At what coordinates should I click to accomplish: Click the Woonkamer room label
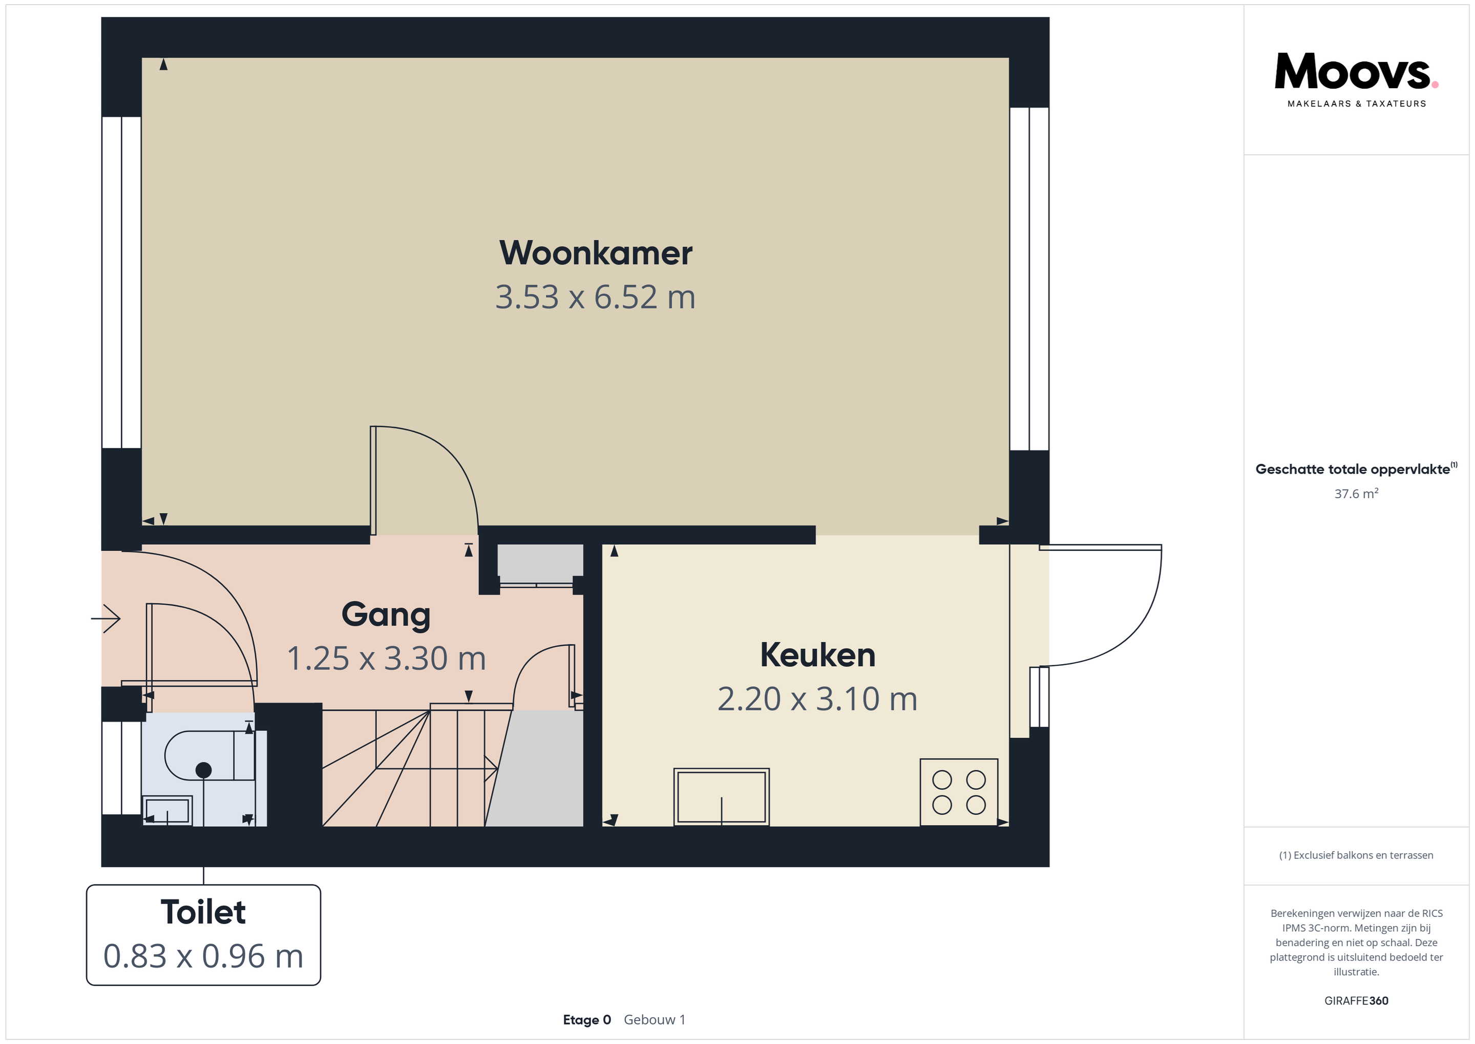pyautogui.click(x=596, y=253)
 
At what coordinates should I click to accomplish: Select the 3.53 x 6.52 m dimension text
pyautogui.click(x=596, y=297)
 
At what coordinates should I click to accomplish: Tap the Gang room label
pyautogui.click(x=386, y=615)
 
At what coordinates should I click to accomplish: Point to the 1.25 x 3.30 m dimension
pyautogui.click(x=386, y=658)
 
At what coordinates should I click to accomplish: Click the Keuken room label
pyautogui.click(x=818, y=655)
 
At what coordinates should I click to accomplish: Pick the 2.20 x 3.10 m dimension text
pyautogui.click(x=818, y=699)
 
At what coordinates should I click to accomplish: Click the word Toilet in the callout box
pyautogui.click(x=203, y=912)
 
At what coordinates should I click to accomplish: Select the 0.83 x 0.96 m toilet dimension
pyautogui.click(x=203, y=956)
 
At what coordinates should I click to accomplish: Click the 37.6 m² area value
pyautogui.click(x=1356, y=494)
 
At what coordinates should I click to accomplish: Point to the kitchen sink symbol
pyautogui.click(x=722, y=797)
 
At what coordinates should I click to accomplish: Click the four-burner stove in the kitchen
pyautogui.click(x=959, y=792)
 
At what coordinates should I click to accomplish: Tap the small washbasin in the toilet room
pyautogui.click(x=167, y=811)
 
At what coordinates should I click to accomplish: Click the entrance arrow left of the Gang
pyautogui.click(x=106, y=619)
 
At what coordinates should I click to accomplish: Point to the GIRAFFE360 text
pyautogui.click(x=1356, y=1001)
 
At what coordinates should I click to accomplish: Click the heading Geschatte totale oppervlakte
pyautogui.click(x=1353, y=469)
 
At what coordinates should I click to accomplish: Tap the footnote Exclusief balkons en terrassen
pyautogui.click(x=1356, y=855)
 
